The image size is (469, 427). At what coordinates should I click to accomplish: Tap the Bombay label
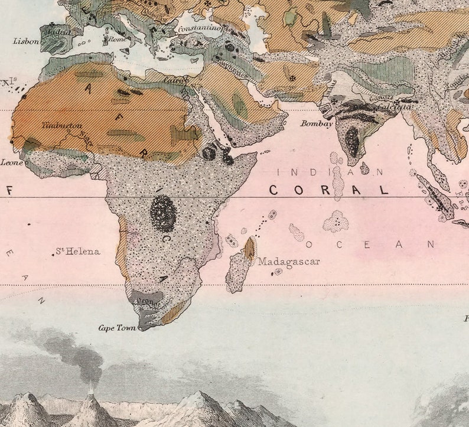click(x=317, y=123)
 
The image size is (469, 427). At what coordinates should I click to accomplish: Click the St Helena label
click(x=79, y=252)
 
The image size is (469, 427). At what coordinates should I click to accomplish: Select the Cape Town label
click(x=118, y=328)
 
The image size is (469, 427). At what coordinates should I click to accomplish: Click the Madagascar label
click(x=289, y=261)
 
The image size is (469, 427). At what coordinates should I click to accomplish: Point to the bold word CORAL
click(x=329, y=190)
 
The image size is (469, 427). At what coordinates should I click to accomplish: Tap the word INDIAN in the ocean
click(x=330, y=172)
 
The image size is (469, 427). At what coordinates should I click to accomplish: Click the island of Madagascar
click(x=240, y=269)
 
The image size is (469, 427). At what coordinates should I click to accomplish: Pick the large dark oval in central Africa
click(x=162, y=213)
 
